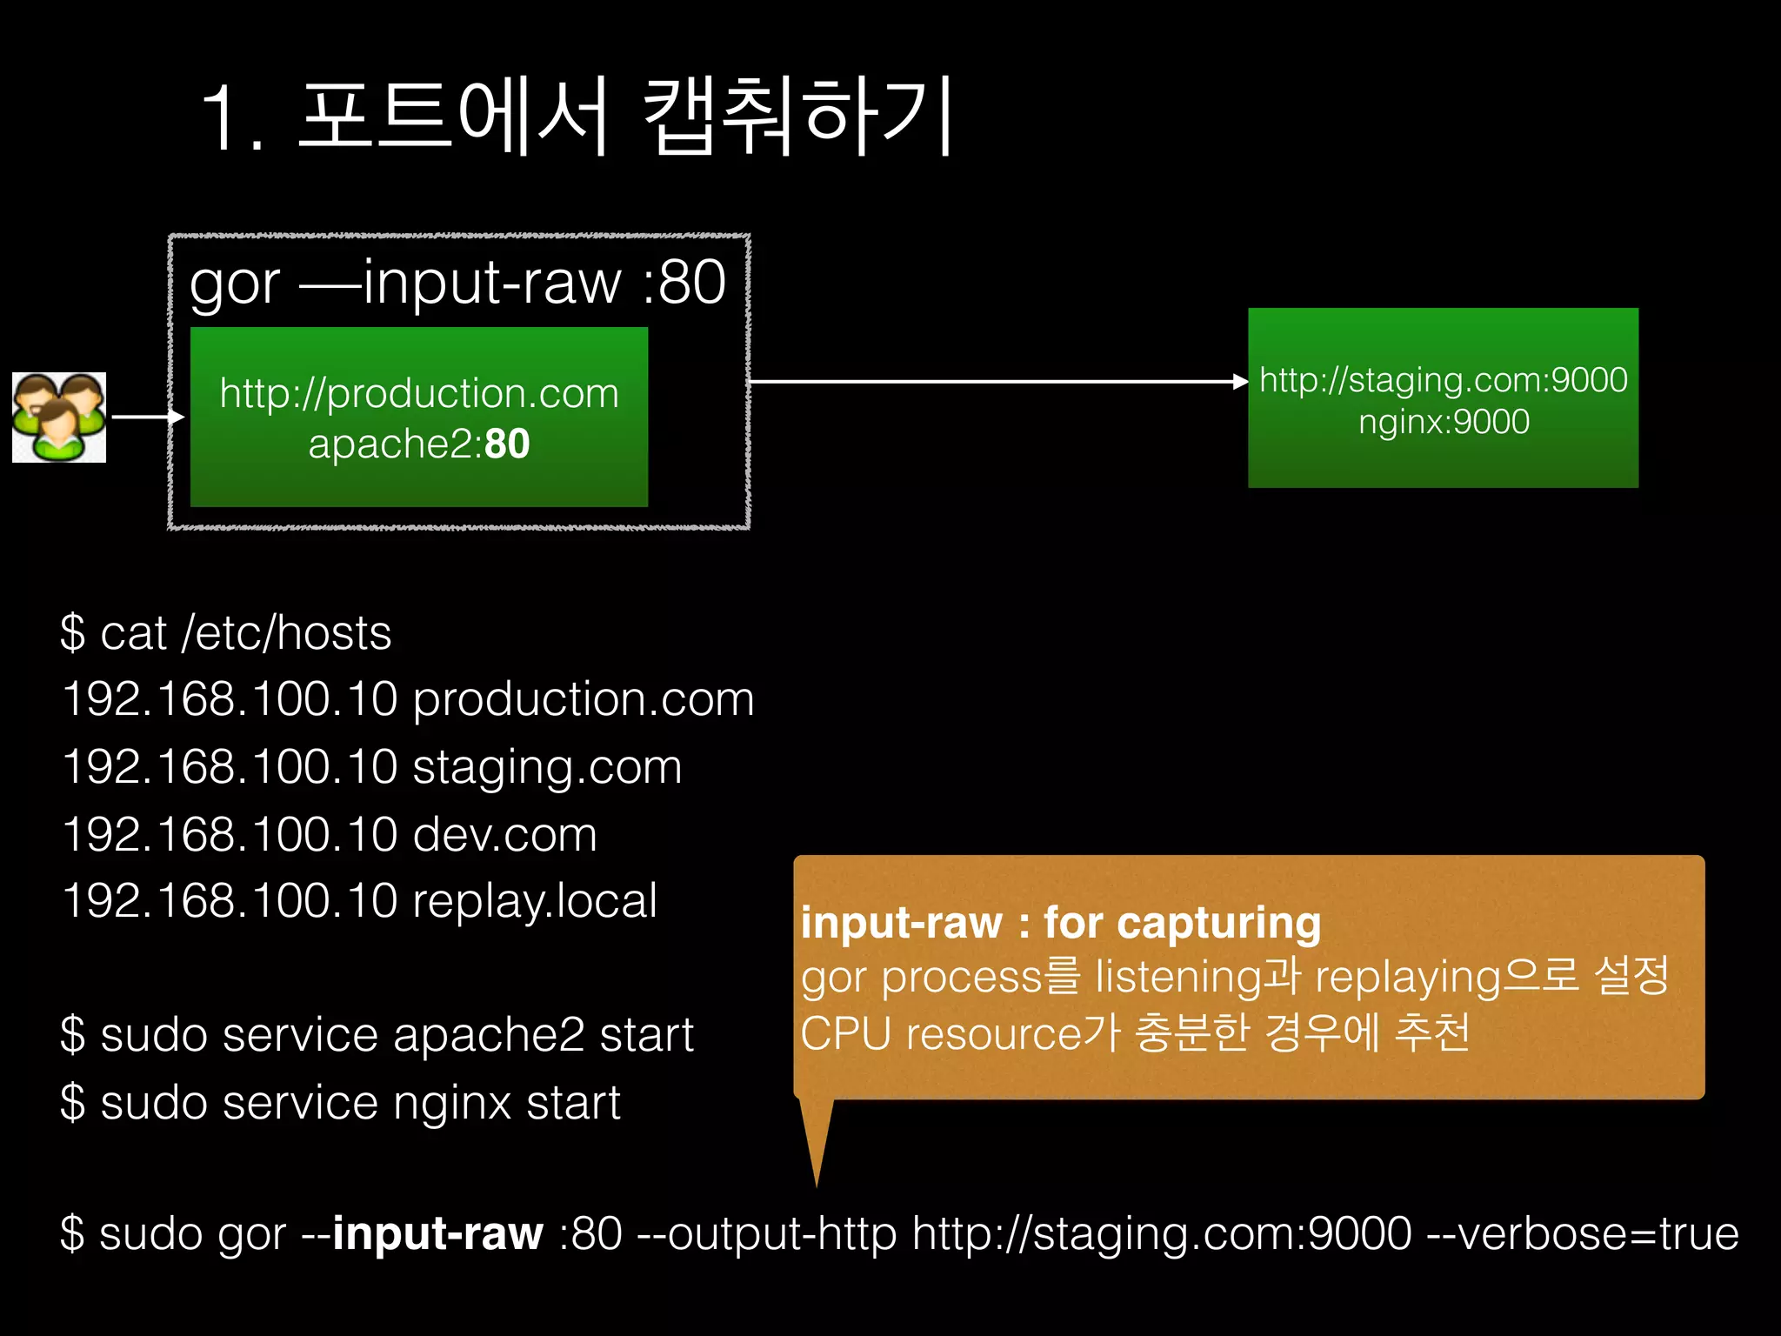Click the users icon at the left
pyautogui.click(x=59, y=417)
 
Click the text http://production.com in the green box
pyautogui.click(x=419, y=393)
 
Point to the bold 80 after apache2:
pyautogui.click(x=507, y=444)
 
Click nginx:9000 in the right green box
pyautogui.click(x=1444, y=422)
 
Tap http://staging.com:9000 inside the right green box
pyautogui.click(x=1444, y=380)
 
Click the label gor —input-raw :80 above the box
pyautogui.click(x=457, y=282)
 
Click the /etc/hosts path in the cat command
pyautogui.click(x=286, y=632)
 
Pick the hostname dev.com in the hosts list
pyautogui.click(x=504, y=834)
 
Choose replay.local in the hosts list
pyautogui.click(x=534, y=900)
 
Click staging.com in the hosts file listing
pyautogui.click(x=547, y=767)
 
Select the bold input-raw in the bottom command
pyautogui.click(x=437, y=1233)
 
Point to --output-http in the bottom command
pyautogui.click(x=767, y=1233)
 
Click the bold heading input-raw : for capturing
pyautogui.click(x=1061, y=923)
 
